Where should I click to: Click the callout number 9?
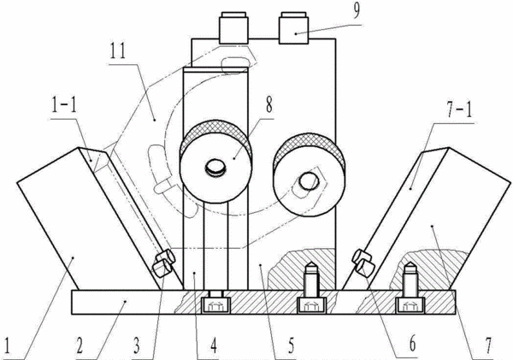tap(357, 10)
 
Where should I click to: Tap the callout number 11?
tap(117, 51)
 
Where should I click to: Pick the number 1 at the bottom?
tap(7, 346)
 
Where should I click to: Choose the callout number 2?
tap(80, 346)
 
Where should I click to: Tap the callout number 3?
tap(137, 346)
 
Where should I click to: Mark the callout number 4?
tap(213, 346)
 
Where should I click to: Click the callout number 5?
tap(291, 346)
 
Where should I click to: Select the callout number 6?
tap(412, 345)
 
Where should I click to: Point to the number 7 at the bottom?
tap(488, 346)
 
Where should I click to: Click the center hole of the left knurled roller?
tap(215, 168)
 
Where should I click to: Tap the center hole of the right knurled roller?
tap(308, 181)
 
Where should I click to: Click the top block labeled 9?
tap(293, 28)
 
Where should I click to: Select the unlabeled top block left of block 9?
tap(233, 28)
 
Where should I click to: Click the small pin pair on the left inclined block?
tap(163, 263)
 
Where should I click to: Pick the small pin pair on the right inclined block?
tap(363, 263)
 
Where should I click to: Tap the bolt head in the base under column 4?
tap(216, 305)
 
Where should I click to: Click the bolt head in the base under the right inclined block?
tap(410, 305)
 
